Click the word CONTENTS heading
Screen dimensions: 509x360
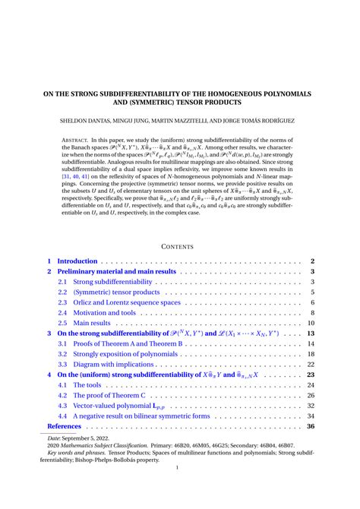point(180,245)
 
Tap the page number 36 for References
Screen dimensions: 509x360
point(310,426)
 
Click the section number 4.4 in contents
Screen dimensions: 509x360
point(62,416)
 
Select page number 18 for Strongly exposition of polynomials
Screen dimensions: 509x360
point(310,354)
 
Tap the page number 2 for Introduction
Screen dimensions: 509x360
point(311,261)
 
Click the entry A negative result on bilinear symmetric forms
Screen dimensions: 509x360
point(141,416)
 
